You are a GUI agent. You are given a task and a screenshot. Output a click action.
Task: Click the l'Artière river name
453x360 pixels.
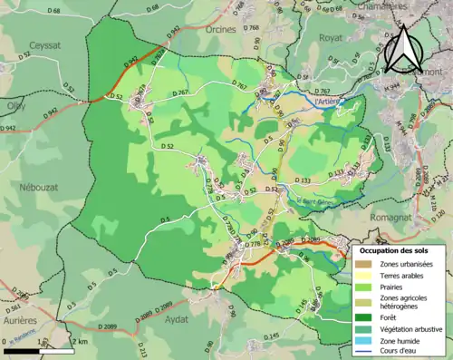point(329,102)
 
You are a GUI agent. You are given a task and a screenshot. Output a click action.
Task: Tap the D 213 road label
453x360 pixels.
point(142,348)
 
